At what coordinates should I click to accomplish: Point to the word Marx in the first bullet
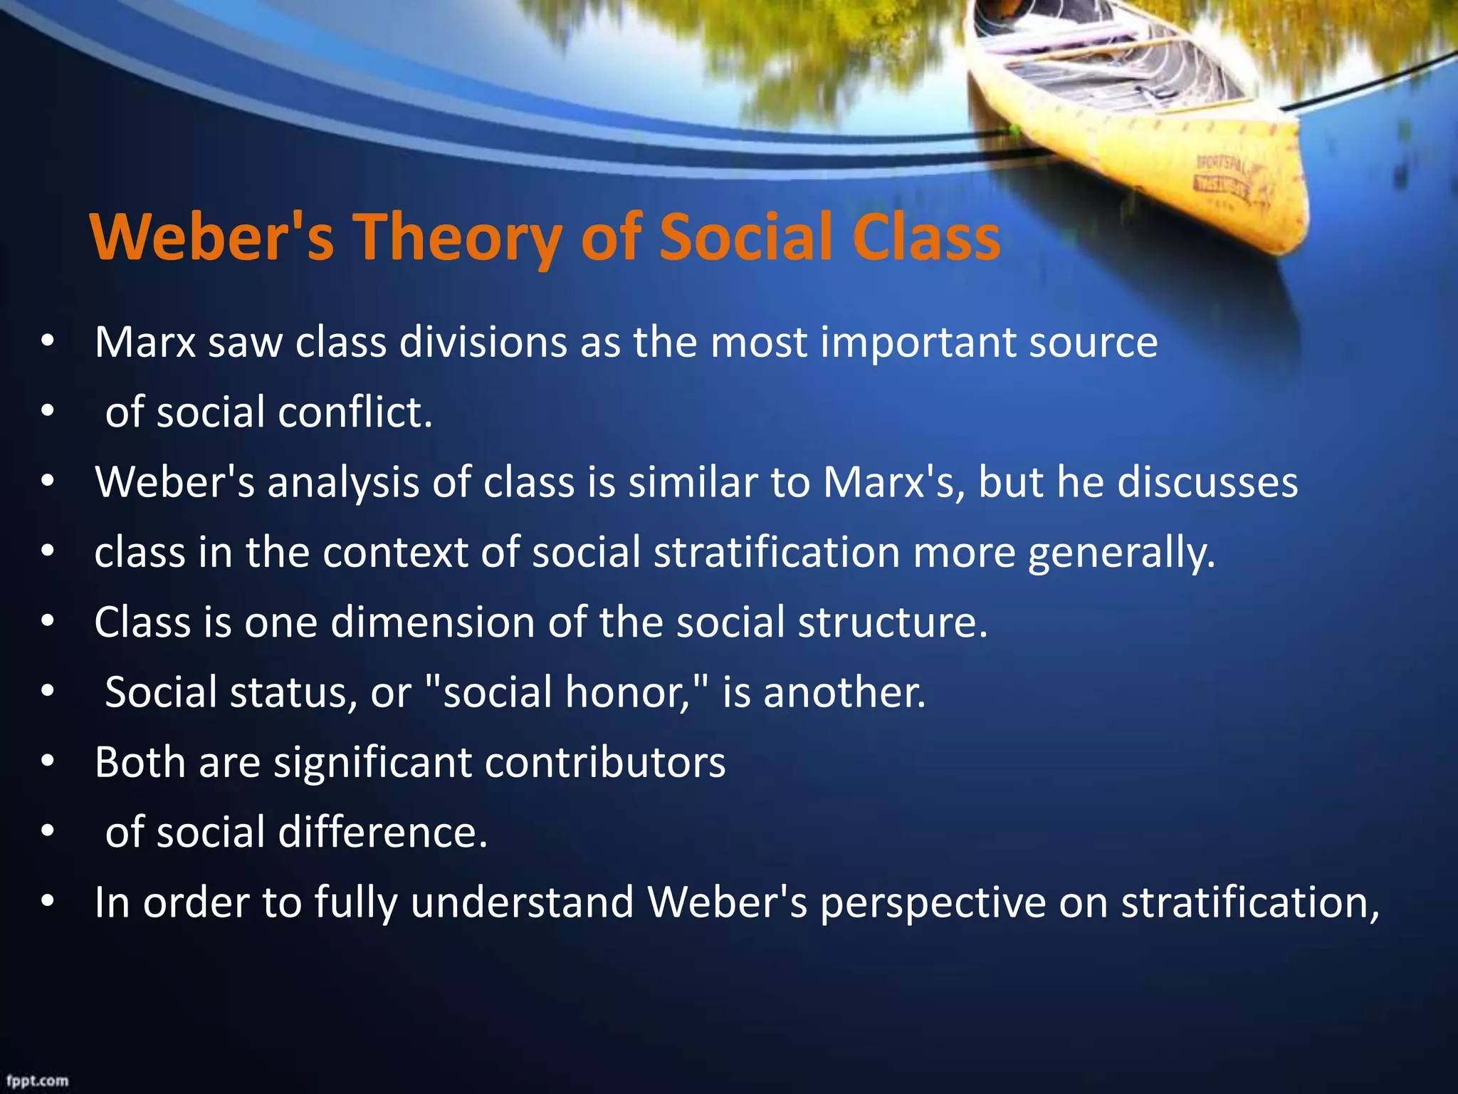pos(145,343)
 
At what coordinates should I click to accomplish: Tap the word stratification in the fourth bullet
pos(777,553)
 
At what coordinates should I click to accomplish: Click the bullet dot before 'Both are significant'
pos(48,761)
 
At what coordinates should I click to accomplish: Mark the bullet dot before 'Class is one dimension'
pos(48,622)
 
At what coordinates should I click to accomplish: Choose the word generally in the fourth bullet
pos(1121,553)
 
